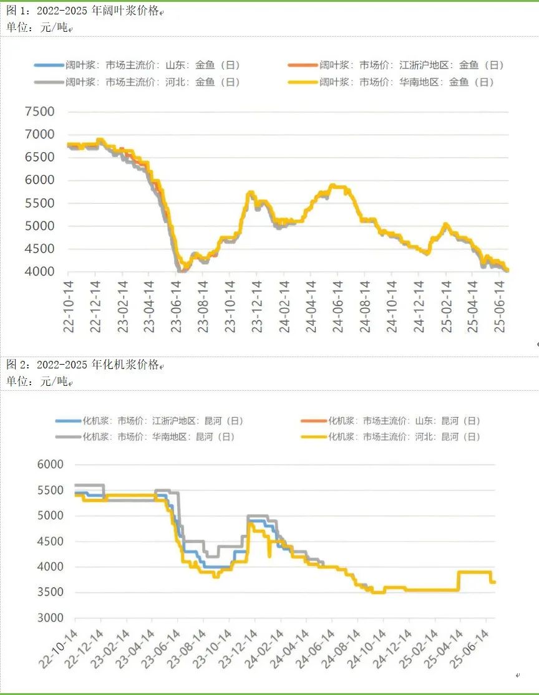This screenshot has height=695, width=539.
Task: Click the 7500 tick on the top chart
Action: point(40,112)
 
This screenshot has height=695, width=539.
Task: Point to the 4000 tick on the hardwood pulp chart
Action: point(40,272)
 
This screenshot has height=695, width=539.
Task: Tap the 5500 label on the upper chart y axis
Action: point(40,203)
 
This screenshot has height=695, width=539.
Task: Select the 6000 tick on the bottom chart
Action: point(50,464)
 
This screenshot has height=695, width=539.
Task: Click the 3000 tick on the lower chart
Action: point(50,618)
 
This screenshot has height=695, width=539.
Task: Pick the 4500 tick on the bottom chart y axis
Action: point(50,542)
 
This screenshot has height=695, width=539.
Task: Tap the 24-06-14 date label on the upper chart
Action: point(337,308)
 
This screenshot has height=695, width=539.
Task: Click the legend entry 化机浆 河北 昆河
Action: point(404,437)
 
